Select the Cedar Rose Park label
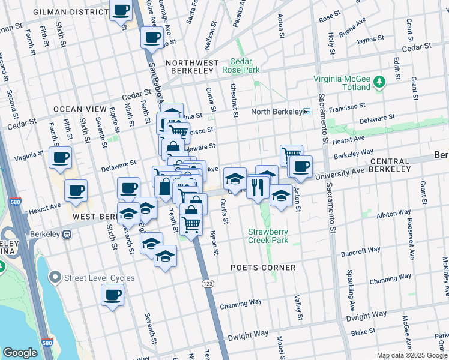[246, 65]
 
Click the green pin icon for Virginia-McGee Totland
[379, 82]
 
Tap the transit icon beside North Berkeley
[306, 112]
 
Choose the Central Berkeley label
[391, 161]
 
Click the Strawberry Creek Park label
[268, 236]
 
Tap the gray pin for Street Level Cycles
[55, 277]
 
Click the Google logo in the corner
[20, 352]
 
